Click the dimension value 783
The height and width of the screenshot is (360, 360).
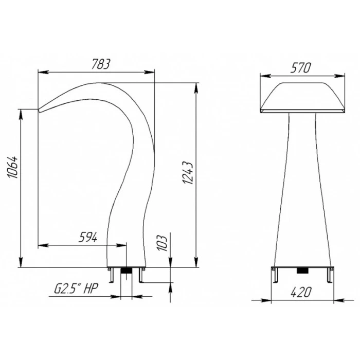coord(101,64)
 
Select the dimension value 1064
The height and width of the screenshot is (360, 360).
coord(12,167)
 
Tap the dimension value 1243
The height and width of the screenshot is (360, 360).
coord(188,173)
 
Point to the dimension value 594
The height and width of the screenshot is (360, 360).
coord(88,237)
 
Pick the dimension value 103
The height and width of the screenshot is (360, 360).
coord(163,243)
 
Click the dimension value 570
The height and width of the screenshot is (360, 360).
coord(301,67)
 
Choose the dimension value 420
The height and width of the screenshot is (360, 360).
coord(301,292)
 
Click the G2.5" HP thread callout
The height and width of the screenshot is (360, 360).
coord(76,289)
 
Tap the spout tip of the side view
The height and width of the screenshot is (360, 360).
coord(39,111)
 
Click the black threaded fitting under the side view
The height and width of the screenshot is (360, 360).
coord(126,270)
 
